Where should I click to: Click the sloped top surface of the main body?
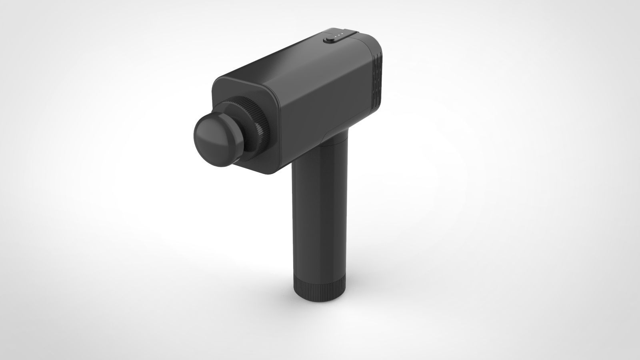(288, 56)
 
